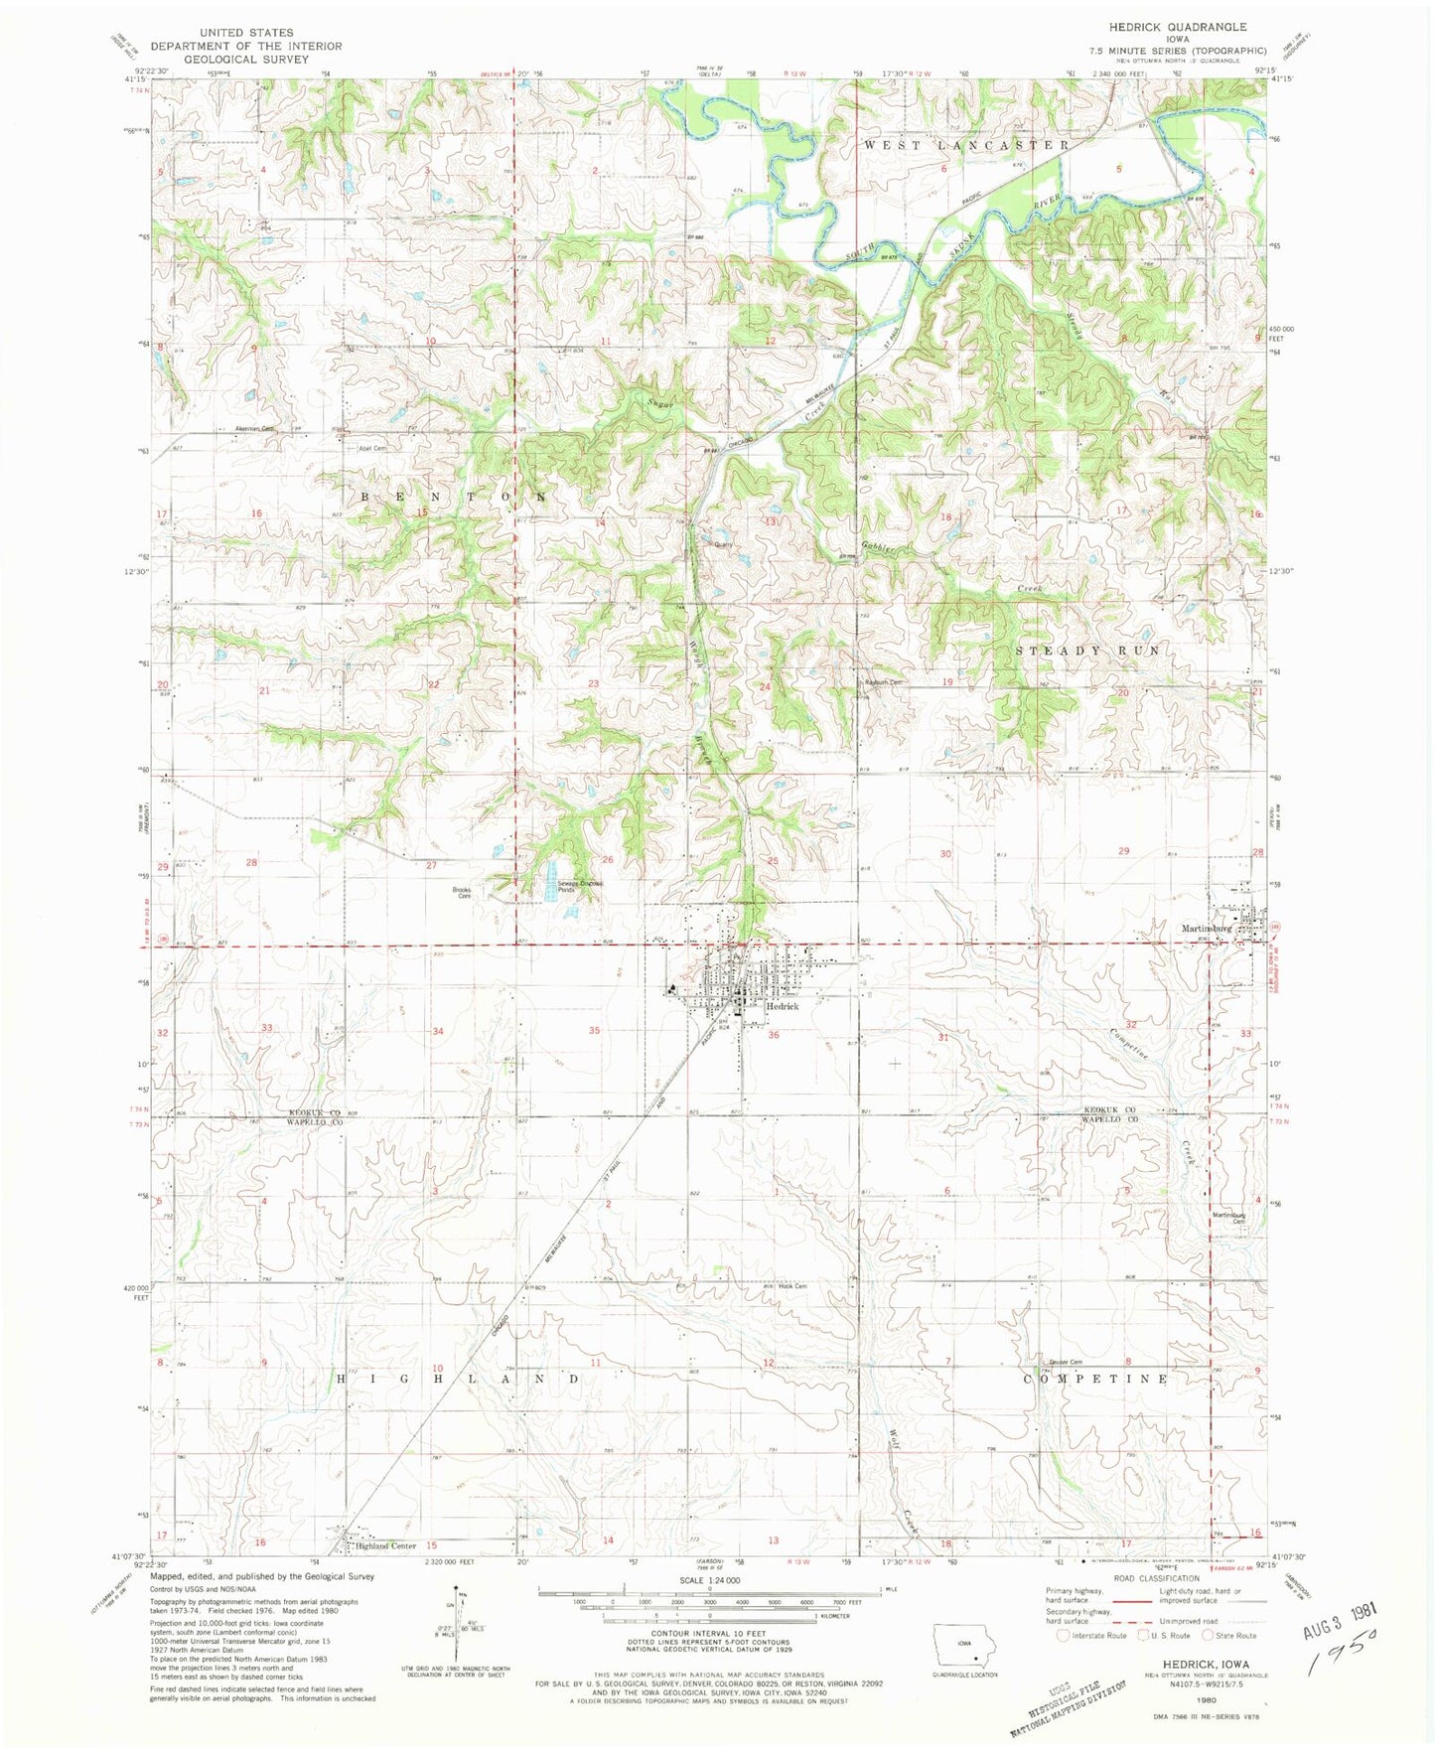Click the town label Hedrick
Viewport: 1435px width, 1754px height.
pyautogui.click(x=783, y=1006)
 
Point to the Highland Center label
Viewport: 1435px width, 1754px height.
pyautogui.click(x=386, y=1546)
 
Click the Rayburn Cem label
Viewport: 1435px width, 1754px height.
pyautogui.click(x=884, y=682)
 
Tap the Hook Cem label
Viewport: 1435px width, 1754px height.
pyautogui.click(x=792, y=1286)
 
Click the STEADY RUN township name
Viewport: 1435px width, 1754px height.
pyautogui.click(x=1087, y=651)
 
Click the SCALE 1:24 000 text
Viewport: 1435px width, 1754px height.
pyautogui.click(x=709, y=1580)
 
